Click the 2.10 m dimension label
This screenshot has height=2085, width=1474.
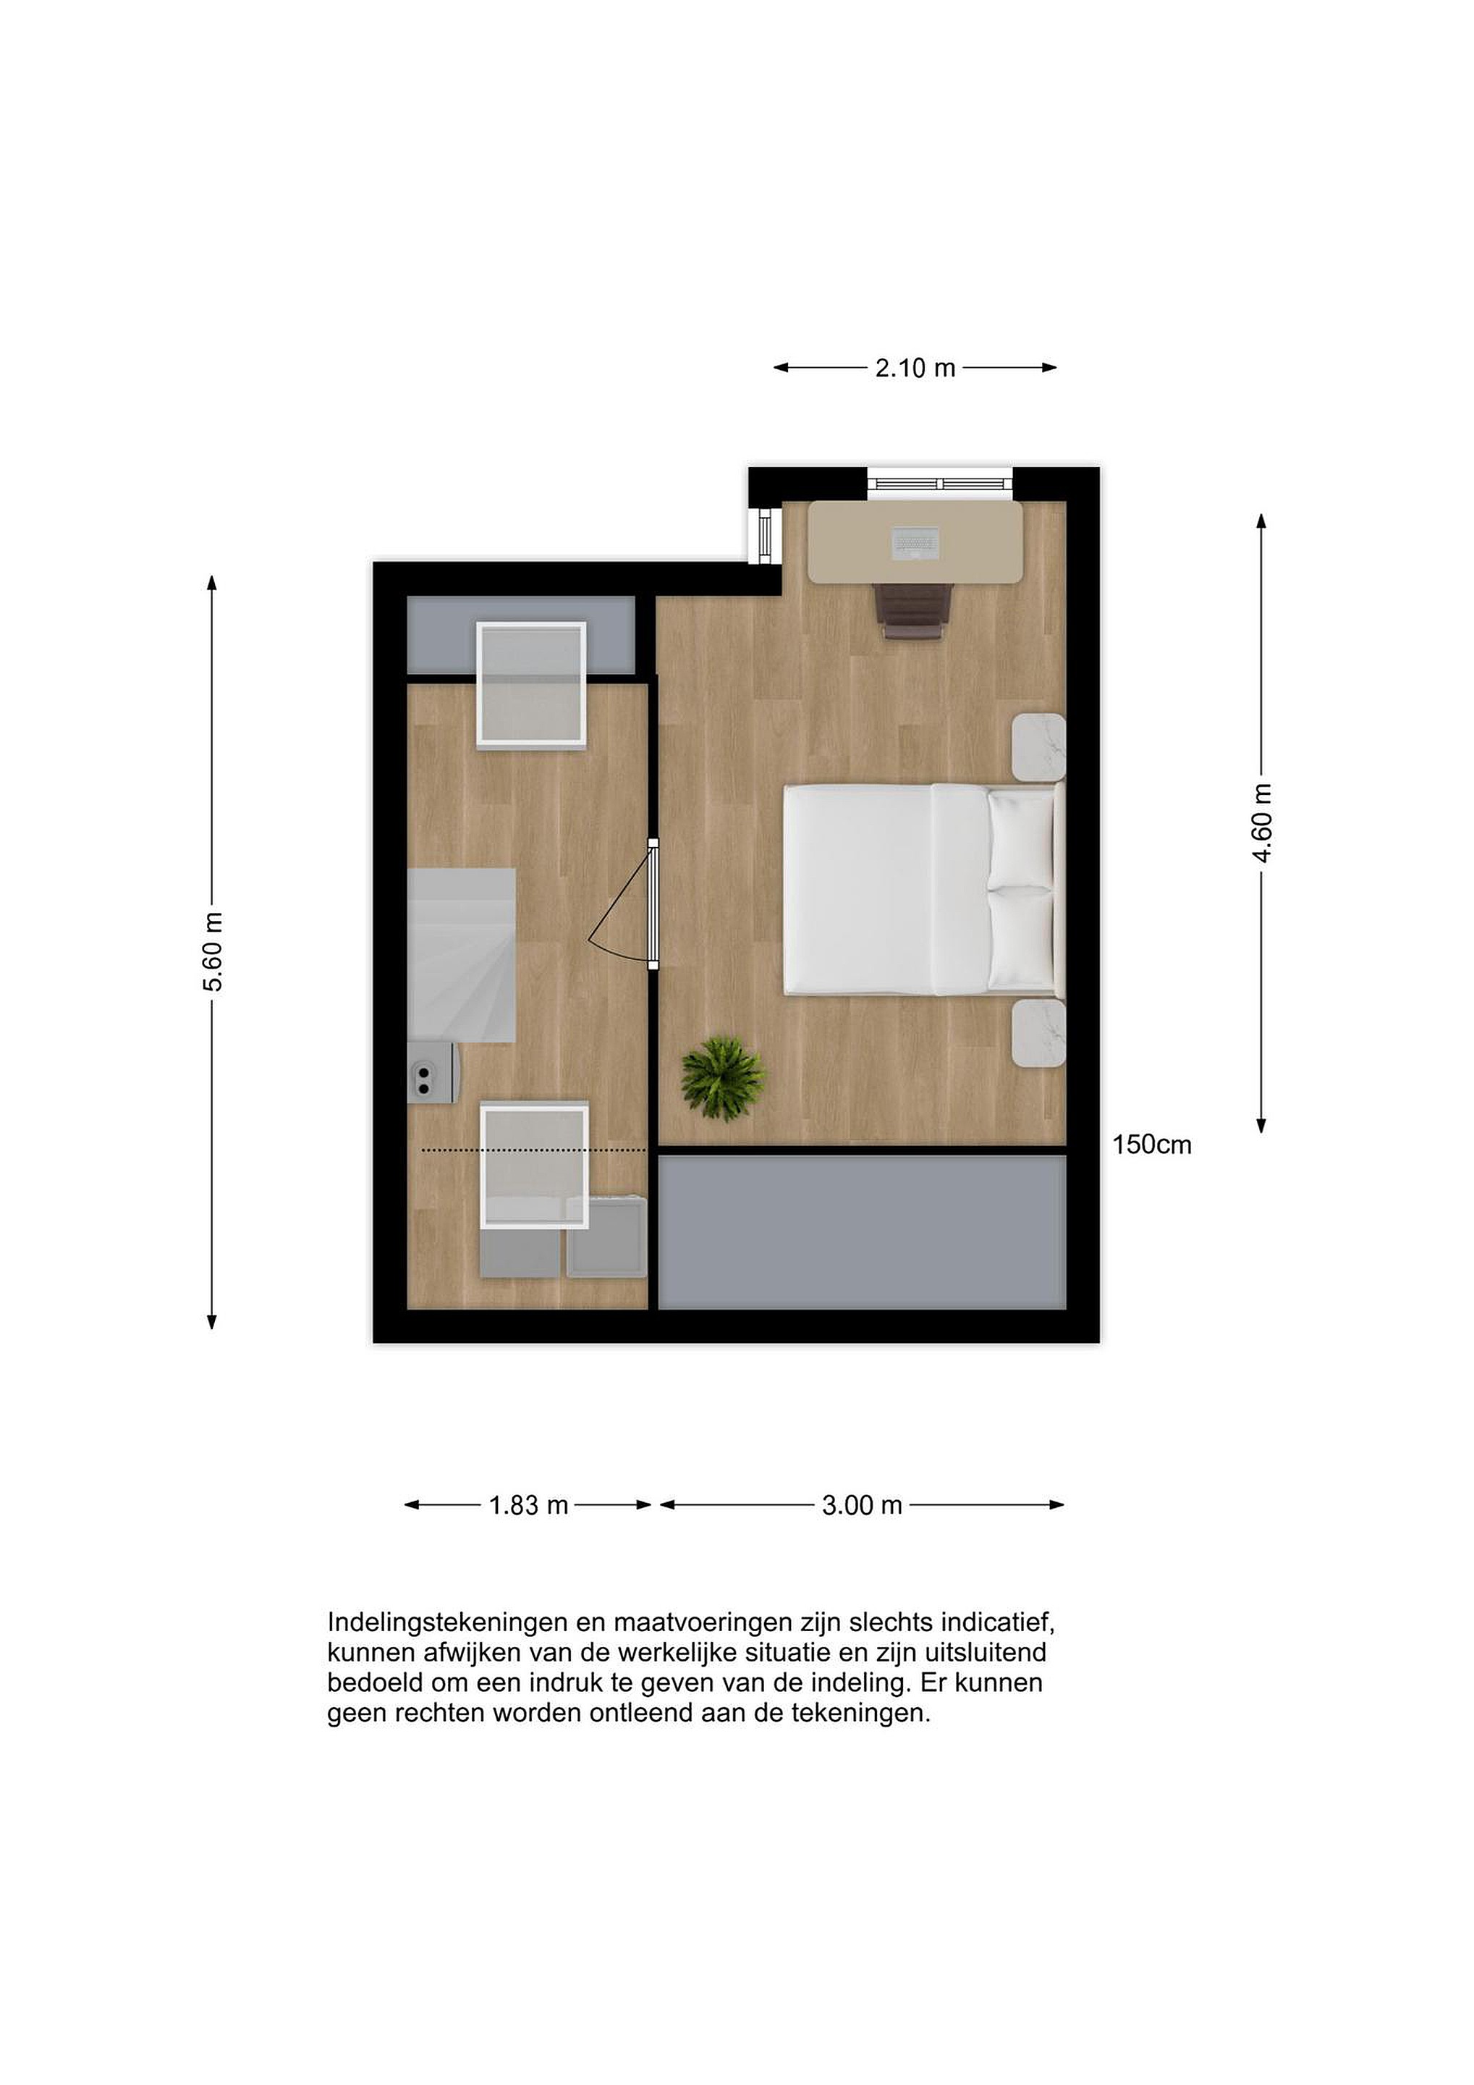pyautogui.click(x=915, y=368)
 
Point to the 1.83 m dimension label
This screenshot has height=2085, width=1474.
pyautogui.click(x=528, y=1506)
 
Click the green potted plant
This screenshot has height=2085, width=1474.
pyautogui.click(x=724, y=1079)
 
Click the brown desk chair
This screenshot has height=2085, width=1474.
pyautogui.click(x=915, y=611)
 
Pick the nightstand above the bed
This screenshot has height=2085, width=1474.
pyautogui.click(x=1038, y=746)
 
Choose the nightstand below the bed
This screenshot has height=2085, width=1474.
pyautogui.click(x=1038, y=1033)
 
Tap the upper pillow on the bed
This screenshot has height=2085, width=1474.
pyautogui.click(x=1021, y=838)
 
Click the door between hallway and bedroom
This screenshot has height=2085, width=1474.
pyautogui.click(x=653, y=904)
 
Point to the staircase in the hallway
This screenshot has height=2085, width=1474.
pyautogui.click(x=462, y=956)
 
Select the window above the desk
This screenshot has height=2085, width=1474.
pyautogui.click(x=939, y=482)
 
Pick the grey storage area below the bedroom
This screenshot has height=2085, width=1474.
pyautogui.click(x=861, y=1232)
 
